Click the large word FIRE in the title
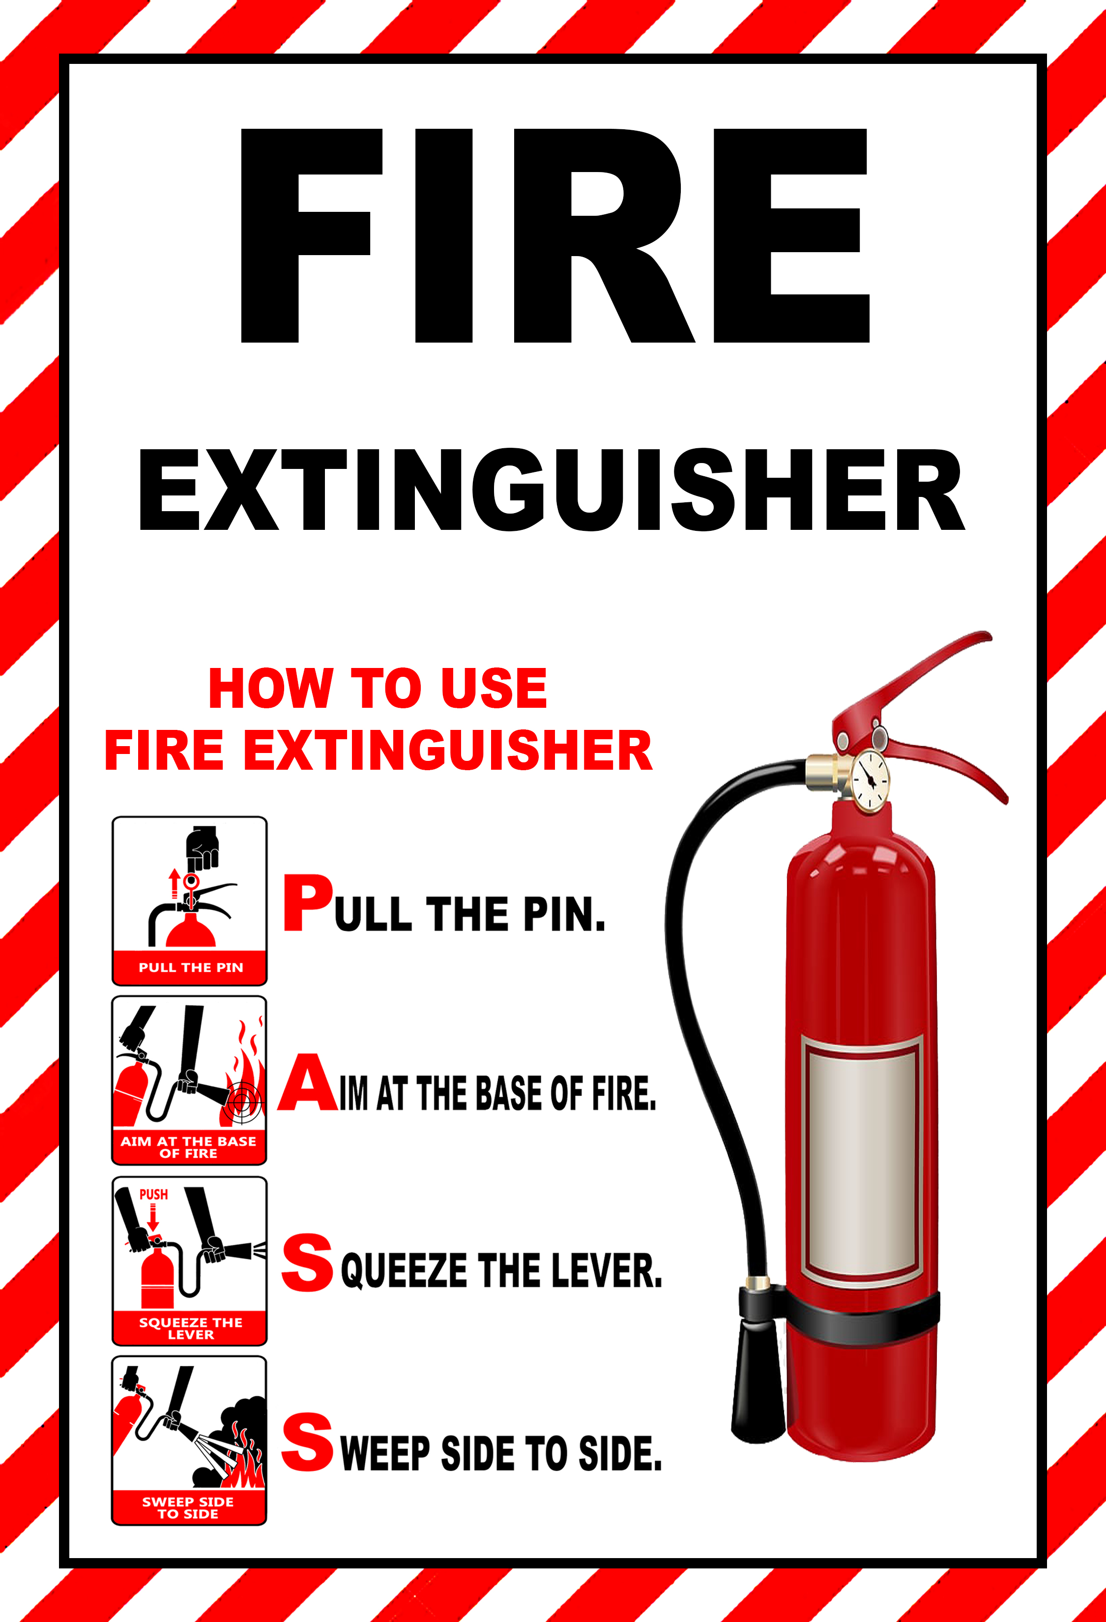(x=555, y=236)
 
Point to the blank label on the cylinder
(x=862, y=1162)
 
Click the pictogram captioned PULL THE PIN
(x=189, y=900)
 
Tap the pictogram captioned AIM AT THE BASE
(x=189, y=1080)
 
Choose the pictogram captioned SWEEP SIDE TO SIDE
(x=189, y=1440)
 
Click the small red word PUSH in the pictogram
(x=153, y=1195)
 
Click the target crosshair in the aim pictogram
(x=241, y=1101)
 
